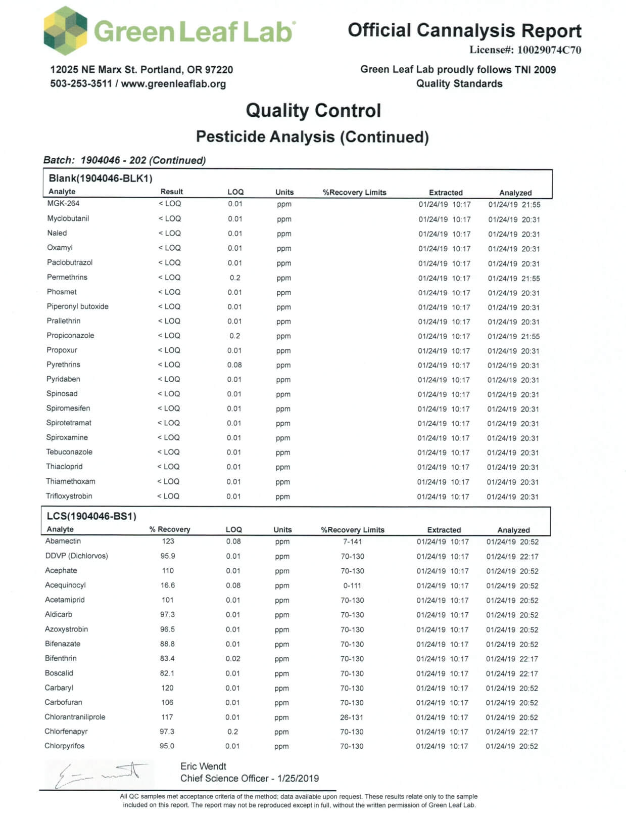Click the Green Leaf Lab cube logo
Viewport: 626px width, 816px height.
(65, 31)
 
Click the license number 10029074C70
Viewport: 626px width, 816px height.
(549, 50)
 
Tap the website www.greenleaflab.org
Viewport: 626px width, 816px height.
(173, 84)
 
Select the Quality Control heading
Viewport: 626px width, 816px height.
(313, 111)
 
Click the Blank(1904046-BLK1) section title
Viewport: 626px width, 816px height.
(100, 178)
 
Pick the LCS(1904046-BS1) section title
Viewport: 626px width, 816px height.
(91, 516)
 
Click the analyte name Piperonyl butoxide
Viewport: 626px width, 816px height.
(77, 306)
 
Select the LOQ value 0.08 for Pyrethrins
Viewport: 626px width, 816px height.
(234, 365)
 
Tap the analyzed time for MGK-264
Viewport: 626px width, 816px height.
(514, 205)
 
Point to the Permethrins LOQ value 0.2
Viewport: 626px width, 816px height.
(235, 278)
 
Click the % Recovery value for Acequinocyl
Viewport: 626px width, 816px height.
(168, 585)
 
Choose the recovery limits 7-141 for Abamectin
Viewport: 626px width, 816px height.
(352, 541)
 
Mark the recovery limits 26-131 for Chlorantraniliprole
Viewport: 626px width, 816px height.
(352, 717)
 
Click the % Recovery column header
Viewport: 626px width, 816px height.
(170, 529)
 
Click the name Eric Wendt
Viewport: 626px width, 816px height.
(203, 766)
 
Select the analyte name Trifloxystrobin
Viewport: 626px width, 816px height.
(69, 496)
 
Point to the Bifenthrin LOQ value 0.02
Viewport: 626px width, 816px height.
(233, 658)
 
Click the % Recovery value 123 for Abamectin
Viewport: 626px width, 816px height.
(168, 541)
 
